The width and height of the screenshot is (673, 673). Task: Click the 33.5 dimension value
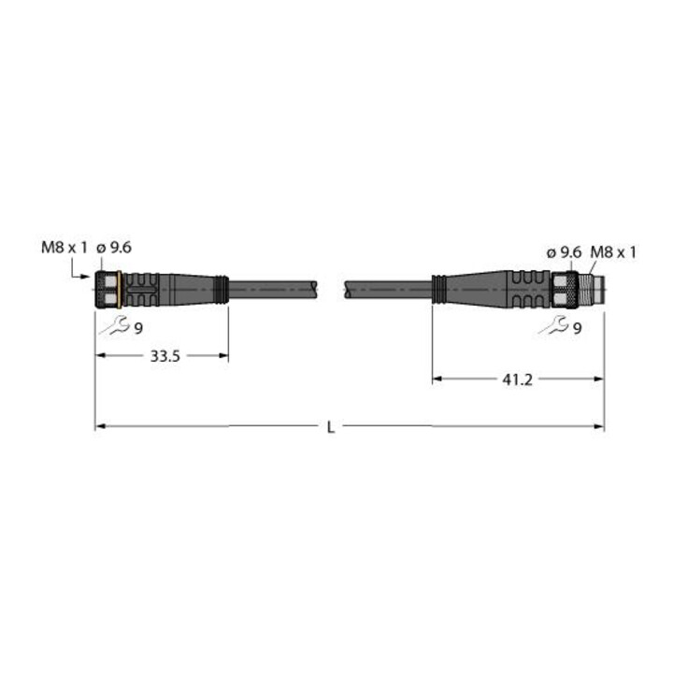click(165, 356)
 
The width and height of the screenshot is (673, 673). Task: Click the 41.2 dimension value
click(517, 379)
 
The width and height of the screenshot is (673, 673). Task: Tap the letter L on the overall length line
click(331, 427)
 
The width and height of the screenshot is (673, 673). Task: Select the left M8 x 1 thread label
click(64, 248)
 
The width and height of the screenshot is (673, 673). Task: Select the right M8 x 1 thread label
click(613, 252)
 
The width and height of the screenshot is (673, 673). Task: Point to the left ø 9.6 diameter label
click(114, 248)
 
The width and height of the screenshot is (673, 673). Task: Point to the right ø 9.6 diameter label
click(564, 252)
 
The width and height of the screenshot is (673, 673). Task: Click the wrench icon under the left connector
click(114, 325)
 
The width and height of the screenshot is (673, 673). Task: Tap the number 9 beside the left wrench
click(138, 329)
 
